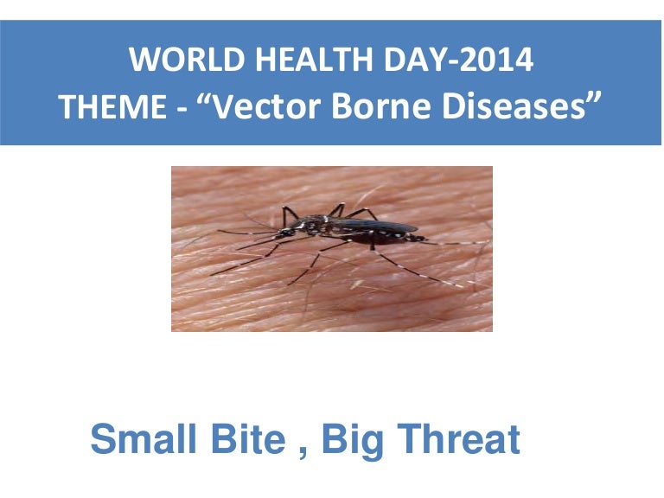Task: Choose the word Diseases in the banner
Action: pyautogui.click(x=516, y=108)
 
